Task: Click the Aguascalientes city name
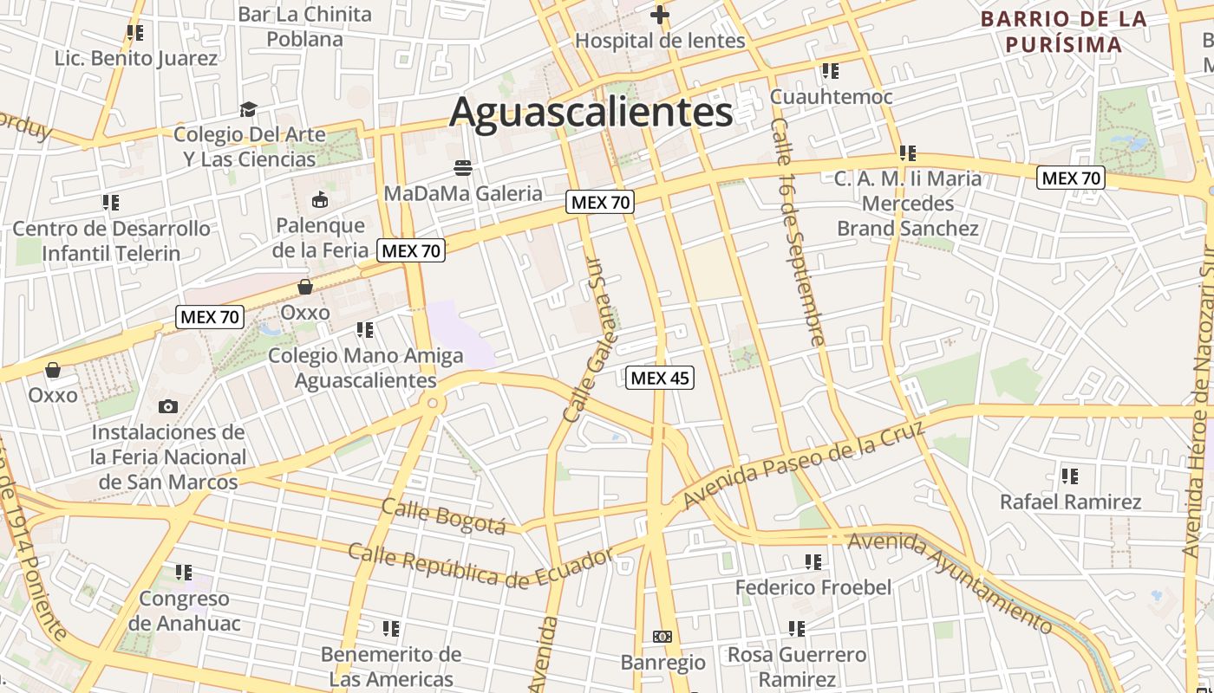(x=591, y=113)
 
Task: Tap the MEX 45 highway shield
(x=660, y=378)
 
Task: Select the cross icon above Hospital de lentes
(x=660, y=15)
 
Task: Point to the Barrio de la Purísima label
(x=1063, y=32)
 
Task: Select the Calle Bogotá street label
(x=443, y=516)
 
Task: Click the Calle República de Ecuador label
(x=480, y=564)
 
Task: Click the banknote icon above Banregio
(x=662, y=637)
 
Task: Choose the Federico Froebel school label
(x=813, y=587)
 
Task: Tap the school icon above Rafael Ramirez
(x=1070, y=476)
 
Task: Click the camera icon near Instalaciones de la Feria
(x=168, y=406)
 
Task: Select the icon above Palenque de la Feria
(x=319, y=200)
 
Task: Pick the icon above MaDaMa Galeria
(x=463, y=167)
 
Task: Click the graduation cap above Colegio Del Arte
(x=249, y=109)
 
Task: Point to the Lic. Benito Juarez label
(x=136, y=59)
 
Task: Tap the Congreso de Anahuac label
(x=184, y=611)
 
